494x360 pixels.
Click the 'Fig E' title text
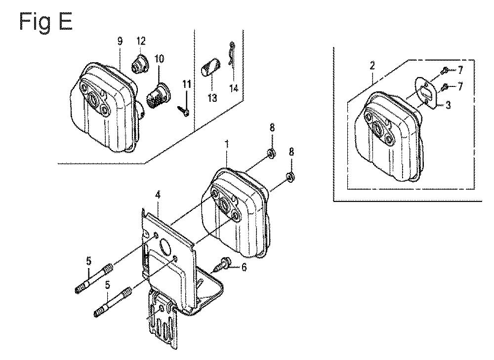(x=46, y=22)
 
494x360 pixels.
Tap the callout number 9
(x=120, y=41)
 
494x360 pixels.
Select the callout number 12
(x=141, y=41)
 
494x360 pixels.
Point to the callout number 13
(x=212, y=98)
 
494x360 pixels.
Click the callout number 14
(x=234, y=88)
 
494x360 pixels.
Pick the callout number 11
(x=187, y=84)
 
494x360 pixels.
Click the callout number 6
(x=244, y=267)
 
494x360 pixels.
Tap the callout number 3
(x=448, y=105)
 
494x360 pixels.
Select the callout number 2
(x=372, y=66)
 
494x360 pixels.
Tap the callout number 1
(x=226, y=144)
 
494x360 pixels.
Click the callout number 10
(x=160, y=59)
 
